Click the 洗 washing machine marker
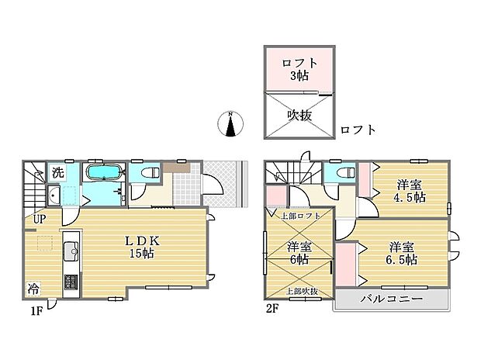(x=58, y=172)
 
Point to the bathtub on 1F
(x=102, y=172)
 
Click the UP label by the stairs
(x=39, y=219)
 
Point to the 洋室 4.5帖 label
(x=409, y=190)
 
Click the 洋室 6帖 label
(x=300, y=254)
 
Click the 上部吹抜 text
(x=302, y=291)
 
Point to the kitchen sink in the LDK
(x=68, y=250)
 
